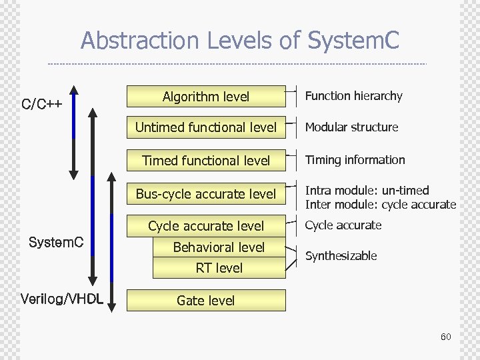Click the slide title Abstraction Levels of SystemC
tap(239, 41)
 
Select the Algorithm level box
tap(206, 97)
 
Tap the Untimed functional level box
tap(206, 127)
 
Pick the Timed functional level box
tap(206, 160)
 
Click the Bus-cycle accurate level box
tap(206, 194)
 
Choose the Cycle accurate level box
tap(206, 226)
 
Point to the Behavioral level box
tap(219, 247)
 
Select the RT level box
tap(219, 268)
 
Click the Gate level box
tap(206, 301)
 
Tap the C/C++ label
tap(42, 104)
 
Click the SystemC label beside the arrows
tap(56, 242)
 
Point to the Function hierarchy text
tap(353, 96)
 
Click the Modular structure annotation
tap(351, 127)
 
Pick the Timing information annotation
tap(355, 160)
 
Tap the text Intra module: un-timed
tap(367, 191)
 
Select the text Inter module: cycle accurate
tap(380, 205)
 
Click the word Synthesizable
tap(341, 256)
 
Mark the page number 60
tap(445, 337)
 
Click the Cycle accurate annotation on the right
tap(343, 225)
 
